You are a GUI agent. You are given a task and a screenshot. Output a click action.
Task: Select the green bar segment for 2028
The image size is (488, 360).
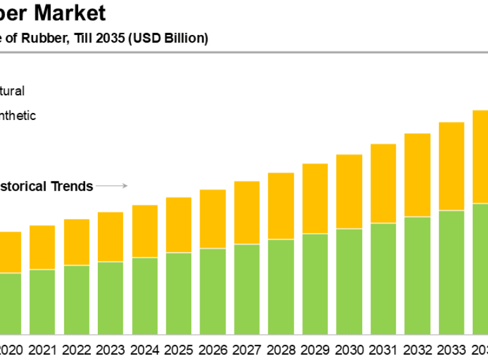pyautogui.click(x=281, y=286)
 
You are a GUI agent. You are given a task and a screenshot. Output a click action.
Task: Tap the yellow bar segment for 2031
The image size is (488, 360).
pyautogui.click(x=383, y=183)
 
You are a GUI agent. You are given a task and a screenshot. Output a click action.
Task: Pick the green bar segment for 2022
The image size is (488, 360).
pyautogui.click(x=76, y=299)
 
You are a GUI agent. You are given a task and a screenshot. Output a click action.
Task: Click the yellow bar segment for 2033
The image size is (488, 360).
pyautogui.click(x=451, y=166)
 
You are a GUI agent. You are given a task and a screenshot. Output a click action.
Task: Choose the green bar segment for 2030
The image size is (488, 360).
pyautogui.click(x=349, y=281)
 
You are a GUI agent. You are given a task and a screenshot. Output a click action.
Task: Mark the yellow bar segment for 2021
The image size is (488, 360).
pyautogui.click(x=42, y=248)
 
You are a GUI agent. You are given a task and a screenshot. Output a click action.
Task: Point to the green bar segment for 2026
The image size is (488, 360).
pyautogui.click(x=212, y=291)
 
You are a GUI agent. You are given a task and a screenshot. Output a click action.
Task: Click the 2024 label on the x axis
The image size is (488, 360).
pyautogui.click(x=144, y=349)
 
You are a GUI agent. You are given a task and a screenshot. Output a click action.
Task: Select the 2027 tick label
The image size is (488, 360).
pyautogui.click(x=247, y=349)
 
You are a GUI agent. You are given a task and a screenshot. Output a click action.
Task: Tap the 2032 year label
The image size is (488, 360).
pyautogui.click(x=417, y=349)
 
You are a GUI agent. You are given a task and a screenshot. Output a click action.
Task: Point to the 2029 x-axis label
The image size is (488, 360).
pyautogui.click(x=315, y=349)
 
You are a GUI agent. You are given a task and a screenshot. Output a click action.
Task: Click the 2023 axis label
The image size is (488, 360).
pyautogui.click(x=110, y=349)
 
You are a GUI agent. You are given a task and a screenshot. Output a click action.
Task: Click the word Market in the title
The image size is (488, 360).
pyautogui.click(x=72, y=13)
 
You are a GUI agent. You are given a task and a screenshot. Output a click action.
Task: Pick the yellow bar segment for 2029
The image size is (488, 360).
pyautogui.click(x=315, y=199)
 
